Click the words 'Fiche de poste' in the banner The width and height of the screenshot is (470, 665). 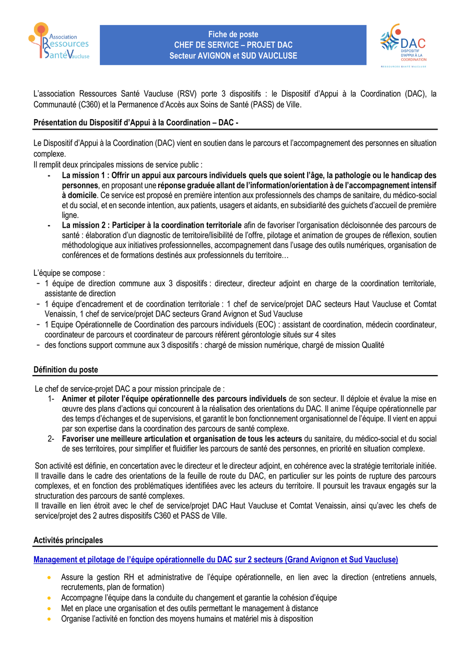(233, 34)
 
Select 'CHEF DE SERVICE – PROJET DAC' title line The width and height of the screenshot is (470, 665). (233, 45)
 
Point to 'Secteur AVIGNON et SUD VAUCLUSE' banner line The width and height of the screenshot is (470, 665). (233, 55)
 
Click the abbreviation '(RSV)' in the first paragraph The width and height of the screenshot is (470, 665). (187, 94)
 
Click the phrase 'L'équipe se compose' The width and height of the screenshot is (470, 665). (68, 273)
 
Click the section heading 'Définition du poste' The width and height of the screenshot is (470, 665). (65, 370)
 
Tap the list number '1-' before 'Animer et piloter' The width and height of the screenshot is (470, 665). (51, 399)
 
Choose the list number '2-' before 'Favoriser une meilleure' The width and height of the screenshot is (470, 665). (51, 439)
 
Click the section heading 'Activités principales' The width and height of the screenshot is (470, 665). (68, 540)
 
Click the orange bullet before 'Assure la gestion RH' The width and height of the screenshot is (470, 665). (49, 578)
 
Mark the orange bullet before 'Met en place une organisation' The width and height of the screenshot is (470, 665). (49, 609)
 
